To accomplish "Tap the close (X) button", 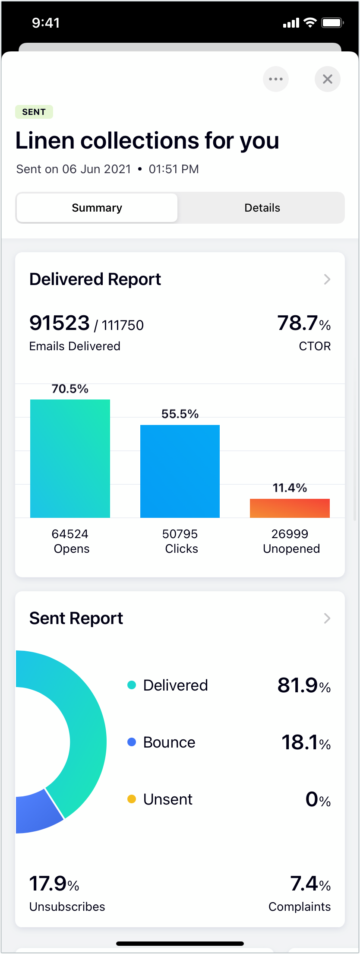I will click(x=328, y=79).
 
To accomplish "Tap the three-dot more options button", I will click(x=276, y=79).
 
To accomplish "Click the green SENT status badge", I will click(x=34, y=112).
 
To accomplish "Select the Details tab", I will click(x=262, y=208).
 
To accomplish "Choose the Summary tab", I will click(x=97, y=208).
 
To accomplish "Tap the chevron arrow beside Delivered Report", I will click(x=327, y=279).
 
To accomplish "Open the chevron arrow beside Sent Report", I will click(x=327, y=618).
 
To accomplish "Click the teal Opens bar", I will click(x=70, y=458).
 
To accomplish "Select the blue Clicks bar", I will click(x=180, y=471).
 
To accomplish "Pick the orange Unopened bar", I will click(x=290, y=508).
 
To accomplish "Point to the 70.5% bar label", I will click(x=70, y=389).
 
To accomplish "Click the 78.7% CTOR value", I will click(x=304, y=323).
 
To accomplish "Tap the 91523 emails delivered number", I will click(x=60, y=323).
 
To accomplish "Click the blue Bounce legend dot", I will click(x=132, y=742).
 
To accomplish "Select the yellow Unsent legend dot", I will click(x=132, y=799).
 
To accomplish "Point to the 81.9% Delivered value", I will click(x=304, y=685).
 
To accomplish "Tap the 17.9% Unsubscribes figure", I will click(x=54, y=884).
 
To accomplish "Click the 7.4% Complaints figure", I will click(x=310, y=884).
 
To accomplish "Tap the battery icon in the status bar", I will click(x=332, y=23).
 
